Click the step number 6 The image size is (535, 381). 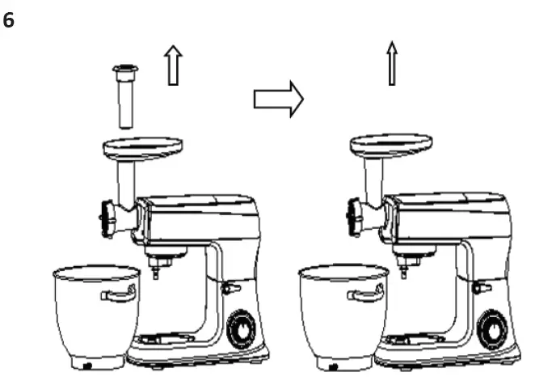tap(9, 21)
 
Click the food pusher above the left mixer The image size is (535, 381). tap(124, 96)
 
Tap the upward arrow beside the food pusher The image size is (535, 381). tap(172, 66)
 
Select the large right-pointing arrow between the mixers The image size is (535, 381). tap(278, 99)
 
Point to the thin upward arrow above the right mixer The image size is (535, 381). tap(392, 64)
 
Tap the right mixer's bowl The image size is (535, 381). tap(339, 311)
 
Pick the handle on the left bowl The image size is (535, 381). tap(118, 294)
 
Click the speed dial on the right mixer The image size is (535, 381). tap(491, 329)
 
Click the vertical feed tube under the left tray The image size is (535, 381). tap(126, 181)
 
